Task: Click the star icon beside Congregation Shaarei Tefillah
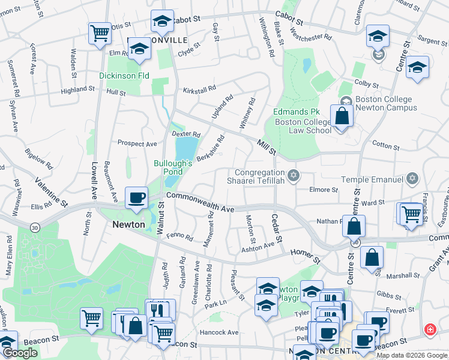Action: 294,176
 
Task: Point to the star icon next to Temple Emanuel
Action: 412,179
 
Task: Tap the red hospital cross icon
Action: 430,329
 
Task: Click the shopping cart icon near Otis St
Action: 100,32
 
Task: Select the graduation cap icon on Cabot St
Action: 161,22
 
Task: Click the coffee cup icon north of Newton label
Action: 136,197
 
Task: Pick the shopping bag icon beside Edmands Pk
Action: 342,116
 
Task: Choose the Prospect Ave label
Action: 137,144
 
